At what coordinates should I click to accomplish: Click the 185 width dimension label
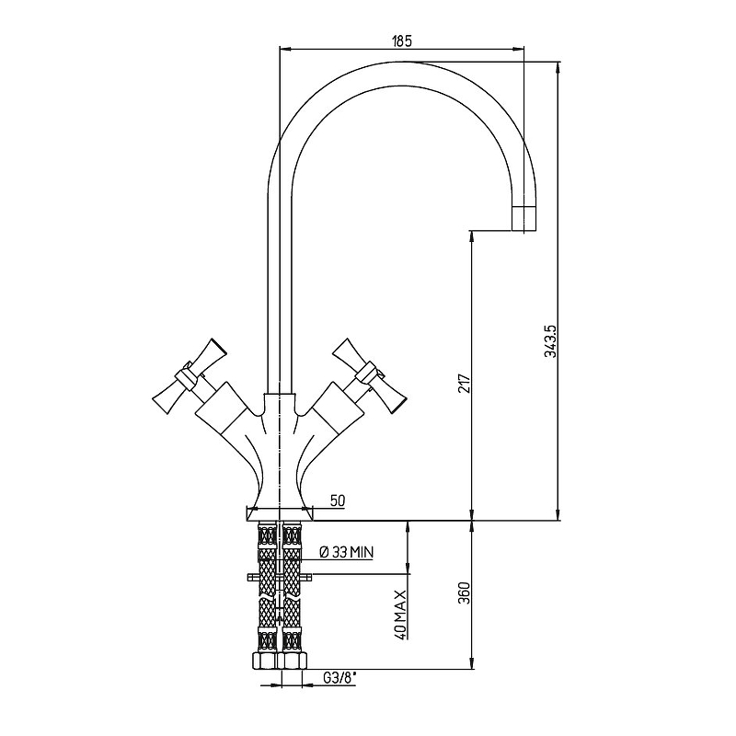[x=401, y=40]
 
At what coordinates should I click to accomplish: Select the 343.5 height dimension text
[x=550, y=341]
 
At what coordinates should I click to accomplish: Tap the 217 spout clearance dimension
[x=465, y=384]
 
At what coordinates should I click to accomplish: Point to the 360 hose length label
[x=465, y=592]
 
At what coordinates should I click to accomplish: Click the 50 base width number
[x=337, y=500]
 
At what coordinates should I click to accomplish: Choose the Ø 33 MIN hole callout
[x=347, y=553]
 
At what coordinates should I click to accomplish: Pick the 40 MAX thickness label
[x=400, y=615]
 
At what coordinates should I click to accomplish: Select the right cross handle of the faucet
[x=369, y=375]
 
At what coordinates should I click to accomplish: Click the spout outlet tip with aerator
[x=523, y=218]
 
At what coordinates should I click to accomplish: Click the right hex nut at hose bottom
[x=293, y=660]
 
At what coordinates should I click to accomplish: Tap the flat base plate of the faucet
[x=280, y=514]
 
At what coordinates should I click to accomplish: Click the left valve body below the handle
[x=222, y=408]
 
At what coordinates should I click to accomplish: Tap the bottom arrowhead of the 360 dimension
[x=472, y=662]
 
